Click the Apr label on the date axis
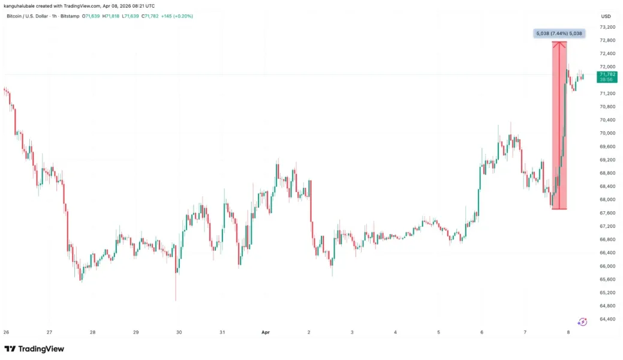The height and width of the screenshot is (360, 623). [265, 332]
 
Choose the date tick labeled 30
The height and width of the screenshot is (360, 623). [179, 332]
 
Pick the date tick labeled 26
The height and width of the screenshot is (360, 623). [6, 332]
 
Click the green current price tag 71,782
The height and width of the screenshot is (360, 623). [607, 74]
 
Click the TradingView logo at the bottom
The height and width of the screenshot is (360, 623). [34, 349]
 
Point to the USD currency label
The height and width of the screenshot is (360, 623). [606, 16]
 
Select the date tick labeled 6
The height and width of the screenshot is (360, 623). [482, 332]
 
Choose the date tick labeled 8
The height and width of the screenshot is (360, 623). [568, 332]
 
